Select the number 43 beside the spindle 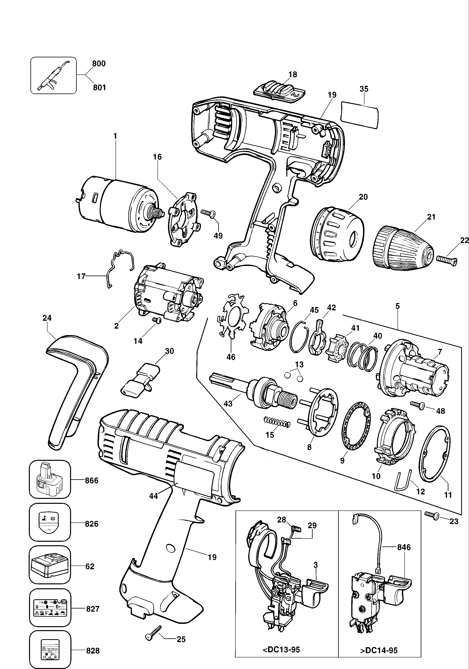pyautogui.click(x=228, y=404)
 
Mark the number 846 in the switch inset pyautogui.click(x=404, y=547)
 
